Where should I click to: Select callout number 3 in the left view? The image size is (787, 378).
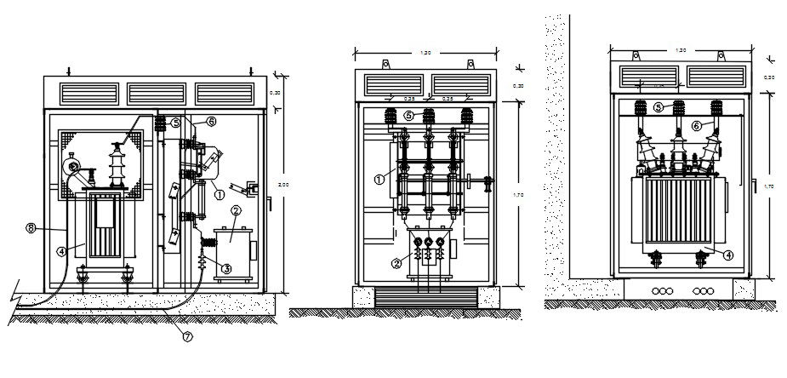(226, 268)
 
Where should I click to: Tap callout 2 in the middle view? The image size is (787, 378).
(396, 264)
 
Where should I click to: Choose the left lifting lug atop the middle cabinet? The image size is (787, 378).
(385, 63)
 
